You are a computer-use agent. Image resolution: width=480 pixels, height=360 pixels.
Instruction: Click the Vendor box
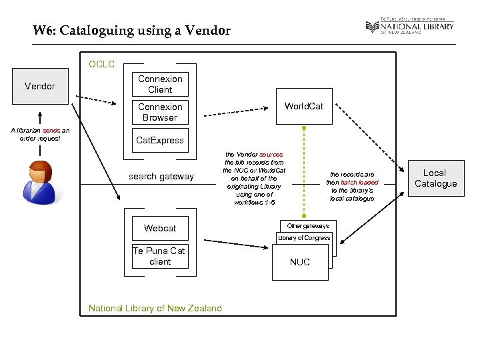tap(40, 86)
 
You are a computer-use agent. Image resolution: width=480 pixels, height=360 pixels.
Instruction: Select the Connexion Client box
tap(160, 84)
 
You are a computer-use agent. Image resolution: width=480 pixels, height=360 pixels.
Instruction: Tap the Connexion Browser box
tap(160, 112)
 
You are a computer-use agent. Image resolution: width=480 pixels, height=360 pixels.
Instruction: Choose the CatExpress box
tap(160, 140)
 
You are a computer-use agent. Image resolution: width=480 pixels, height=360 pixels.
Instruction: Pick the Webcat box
tap(160, 228)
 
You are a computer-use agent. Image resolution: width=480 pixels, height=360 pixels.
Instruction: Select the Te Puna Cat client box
tap(160, 256)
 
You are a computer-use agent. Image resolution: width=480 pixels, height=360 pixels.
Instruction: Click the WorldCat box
tap(303, 106)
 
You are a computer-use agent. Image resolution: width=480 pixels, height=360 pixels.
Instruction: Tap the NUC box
tap(300, 263)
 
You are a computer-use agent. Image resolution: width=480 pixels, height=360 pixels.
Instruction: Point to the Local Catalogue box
tap(435, 178)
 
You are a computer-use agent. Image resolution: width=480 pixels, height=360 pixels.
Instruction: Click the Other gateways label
tap(308, 226)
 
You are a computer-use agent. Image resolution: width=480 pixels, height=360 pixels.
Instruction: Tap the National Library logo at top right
tap(409, 27)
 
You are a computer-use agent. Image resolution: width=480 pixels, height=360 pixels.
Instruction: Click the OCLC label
tap(102, 65)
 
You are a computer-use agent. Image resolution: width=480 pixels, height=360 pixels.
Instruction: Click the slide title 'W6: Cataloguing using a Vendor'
tap(132, 31)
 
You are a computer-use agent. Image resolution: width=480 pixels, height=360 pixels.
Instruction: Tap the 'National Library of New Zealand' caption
tap(155, 308)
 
